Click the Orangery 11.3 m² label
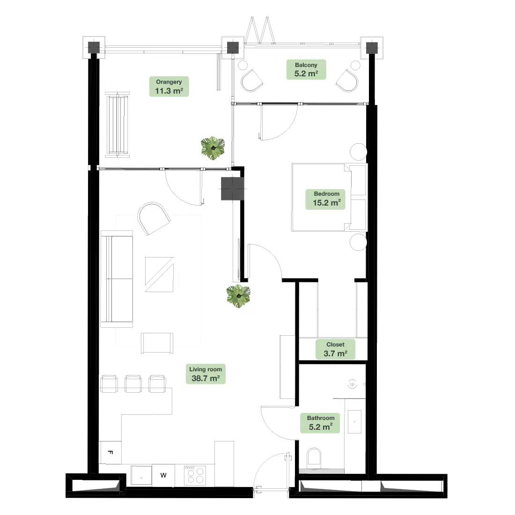tap(169, 87)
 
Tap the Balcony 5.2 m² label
tap(306, 69)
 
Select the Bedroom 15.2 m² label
tap(326, 199)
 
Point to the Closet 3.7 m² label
tap(335, 349)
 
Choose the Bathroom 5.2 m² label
tap(321, 423)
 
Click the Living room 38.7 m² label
tap(206, 374)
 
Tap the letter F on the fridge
tap(110, 452)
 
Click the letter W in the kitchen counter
tap(163, 475)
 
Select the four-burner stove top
tap(195, 475)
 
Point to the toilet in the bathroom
tap(314, 458)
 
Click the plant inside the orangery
tap(213, 148)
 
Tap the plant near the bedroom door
tap(238, 296)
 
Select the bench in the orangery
tap(117, 125)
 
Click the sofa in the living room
tap(117, 279)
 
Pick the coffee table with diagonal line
tap(159, 274)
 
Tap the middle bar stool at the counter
tap(133, 383)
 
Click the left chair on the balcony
tap(251, 81)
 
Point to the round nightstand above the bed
tap(358, 152)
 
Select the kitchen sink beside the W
tap(141, 475)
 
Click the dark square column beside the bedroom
tap(233, 189)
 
